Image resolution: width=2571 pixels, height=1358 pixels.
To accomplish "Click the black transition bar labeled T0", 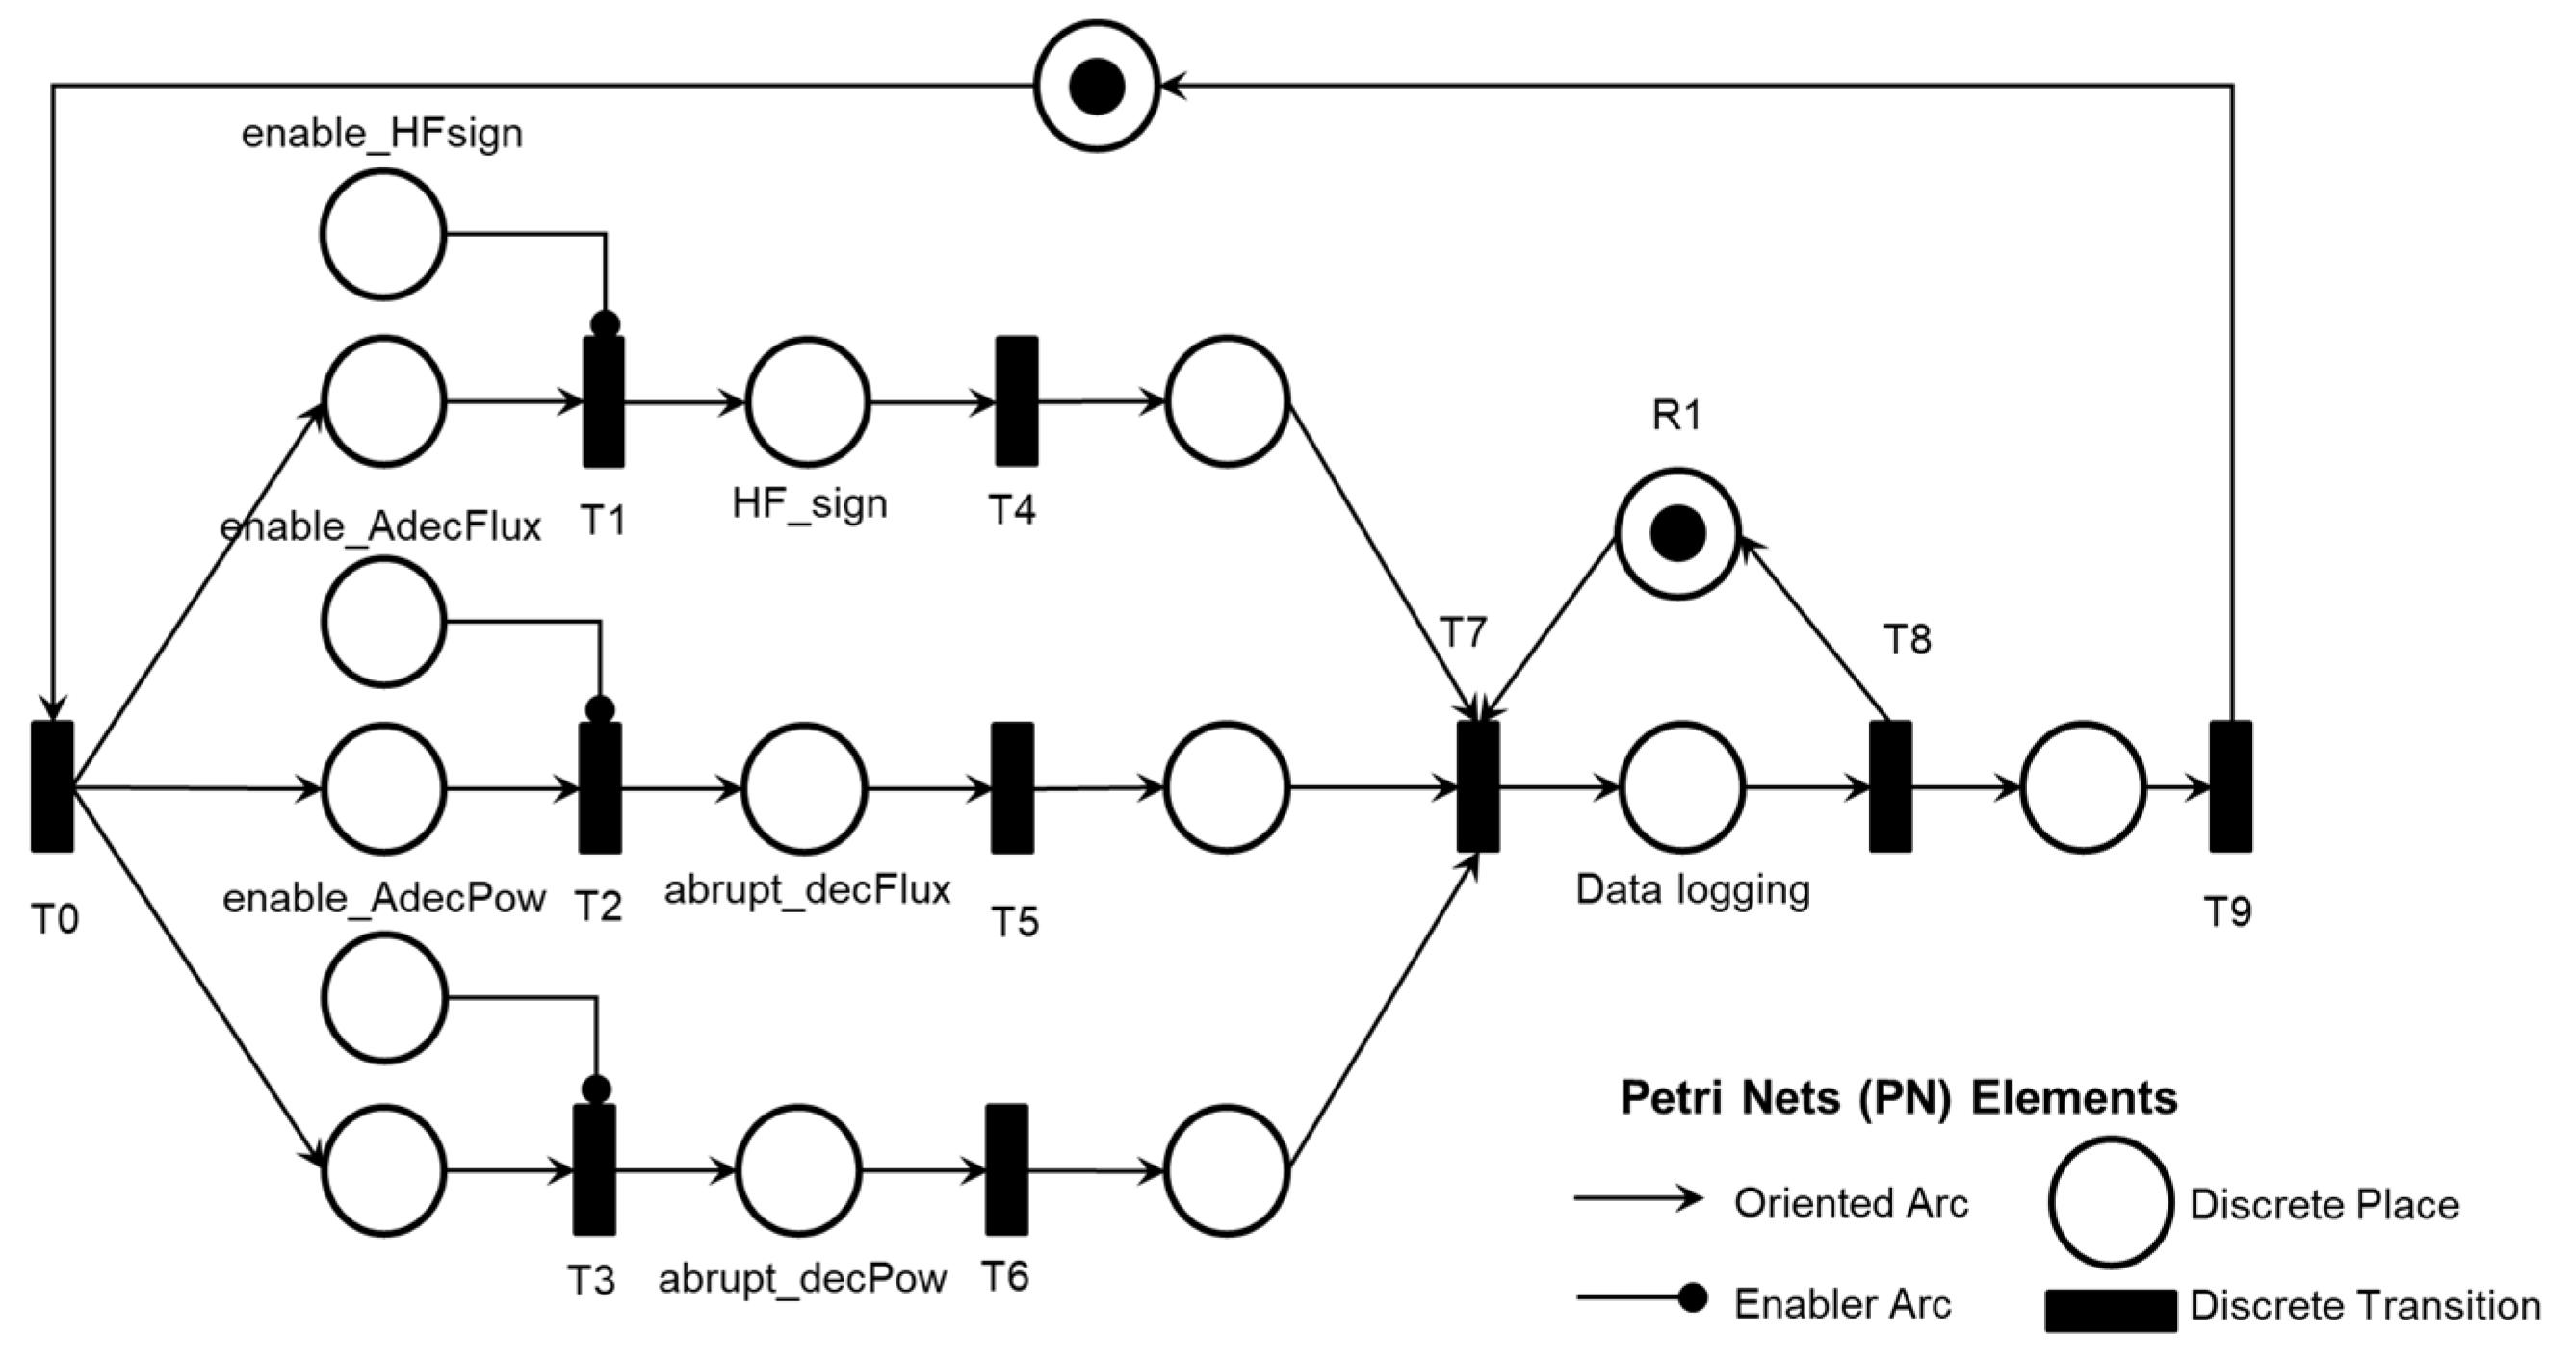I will point(52,786).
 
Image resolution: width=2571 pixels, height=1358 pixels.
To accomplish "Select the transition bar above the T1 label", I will point(604,401).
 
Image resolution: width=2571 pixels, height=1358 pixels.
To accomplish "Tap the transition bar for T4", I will point(1016,401).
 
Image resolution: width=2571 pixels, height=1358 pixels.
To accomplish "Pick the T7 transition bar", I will point(1477,786).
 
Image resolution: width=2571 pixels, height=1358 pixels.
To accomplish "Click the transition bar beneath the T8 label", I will point(1890,786).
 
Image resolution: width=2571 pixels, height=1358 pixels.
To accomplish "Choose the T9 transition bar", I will point(2230,786).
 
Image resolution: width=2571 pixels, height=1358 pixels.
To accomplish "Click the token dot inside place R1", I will point(1677,534).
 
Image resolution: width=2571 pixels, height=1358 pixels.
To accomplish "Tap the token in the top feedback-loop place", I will point(1097,87).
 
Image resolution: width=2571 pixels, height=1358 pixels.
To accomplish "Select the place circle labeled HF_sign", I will point(808,402).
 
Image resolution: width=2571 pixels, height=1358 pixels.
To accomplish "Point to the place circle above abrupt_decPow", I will point(800,1169).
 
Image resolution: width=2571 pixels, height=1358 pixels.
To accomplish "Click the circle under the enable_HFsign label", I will point(383,235).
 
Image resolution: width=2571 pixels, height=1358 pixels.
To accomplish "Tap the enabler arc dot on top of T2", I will point(600,709).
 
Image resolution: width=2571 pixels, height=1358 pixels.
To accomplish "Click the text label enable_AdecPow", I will point(384,899).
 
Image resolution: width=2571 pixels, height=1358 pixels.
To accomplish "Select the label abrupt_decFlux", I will point(808,889).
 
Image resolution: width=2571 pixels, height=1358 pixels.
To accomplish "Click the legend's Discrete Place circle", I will point(2110,1202).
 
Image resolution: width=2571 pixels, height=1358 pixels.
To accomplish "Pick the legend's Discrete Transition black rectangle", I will point(2110,1309).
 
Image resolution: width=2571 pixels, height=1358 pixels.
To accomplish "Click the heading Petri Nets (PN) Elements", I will point(1898,1098).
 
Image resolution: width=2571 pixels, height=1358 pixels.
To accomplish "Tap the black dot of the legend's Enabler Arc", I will point(1692,1298).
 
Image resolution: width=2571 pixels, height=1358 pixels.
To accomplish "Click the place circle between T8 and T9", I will point(2083,787).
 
